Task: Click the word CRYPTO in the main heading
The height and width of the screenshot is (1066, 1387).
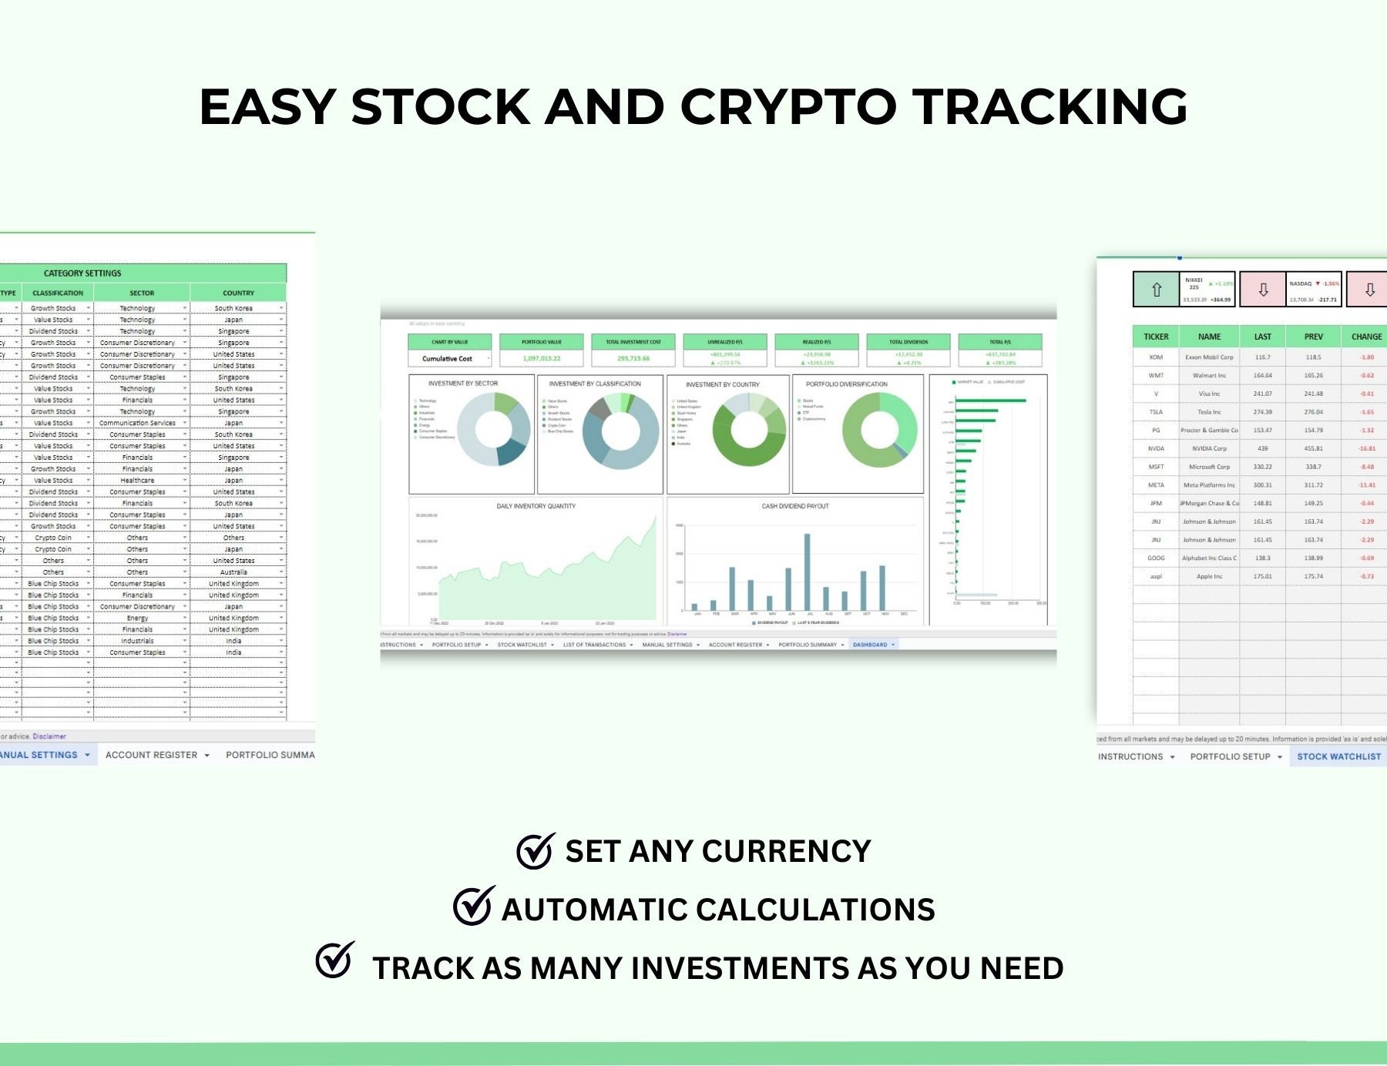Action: click(788, 106)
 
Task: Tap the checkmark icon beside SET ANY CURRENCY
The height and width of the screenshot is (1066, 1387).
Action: click(535, 851)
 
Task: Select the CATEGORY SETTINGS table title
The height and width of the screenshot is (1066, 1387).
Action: click(82, 273)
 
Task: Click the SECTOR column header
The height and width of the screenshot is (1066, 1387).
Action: click(142, 293)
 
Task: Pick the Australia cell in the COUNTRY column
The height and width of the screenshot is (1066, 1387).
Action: click(233, 572)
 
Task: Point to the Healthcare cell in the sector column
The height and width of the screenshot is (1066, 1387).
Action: click(137, 481)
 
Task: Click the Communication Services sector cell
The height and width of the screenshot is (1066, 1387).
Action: click(137, 423)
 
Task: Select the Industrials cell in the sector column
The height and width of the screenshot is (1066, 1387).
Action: click(137, 641)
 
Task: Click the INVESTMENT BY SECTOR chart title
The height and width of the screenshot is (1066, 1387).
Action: click(463, 384)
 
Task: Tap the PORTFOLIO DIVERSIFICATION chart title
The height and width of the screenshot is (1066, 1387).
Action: click(846, 384)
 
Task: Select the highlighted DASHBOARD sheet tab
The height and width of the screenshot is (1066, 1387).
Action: click(870, 645)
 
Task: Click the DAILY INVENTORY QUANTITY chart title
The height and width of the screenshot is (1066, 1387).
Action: click(536, 506)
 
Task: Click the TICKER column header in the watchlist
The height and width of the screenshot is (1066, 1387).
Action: click(1156, 337)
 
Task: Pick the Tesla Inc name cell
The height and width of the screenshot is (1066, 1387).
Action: click(1209, 412)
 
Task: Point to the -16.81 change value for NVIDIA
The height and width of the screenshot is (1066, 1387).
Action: click(1367, 448)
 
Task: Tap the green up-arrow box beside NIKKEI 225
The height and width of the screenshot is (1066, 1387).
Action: click(1156, 290)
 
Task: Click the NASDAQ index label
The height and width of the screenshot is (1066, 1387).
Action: click(1301, 283)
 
